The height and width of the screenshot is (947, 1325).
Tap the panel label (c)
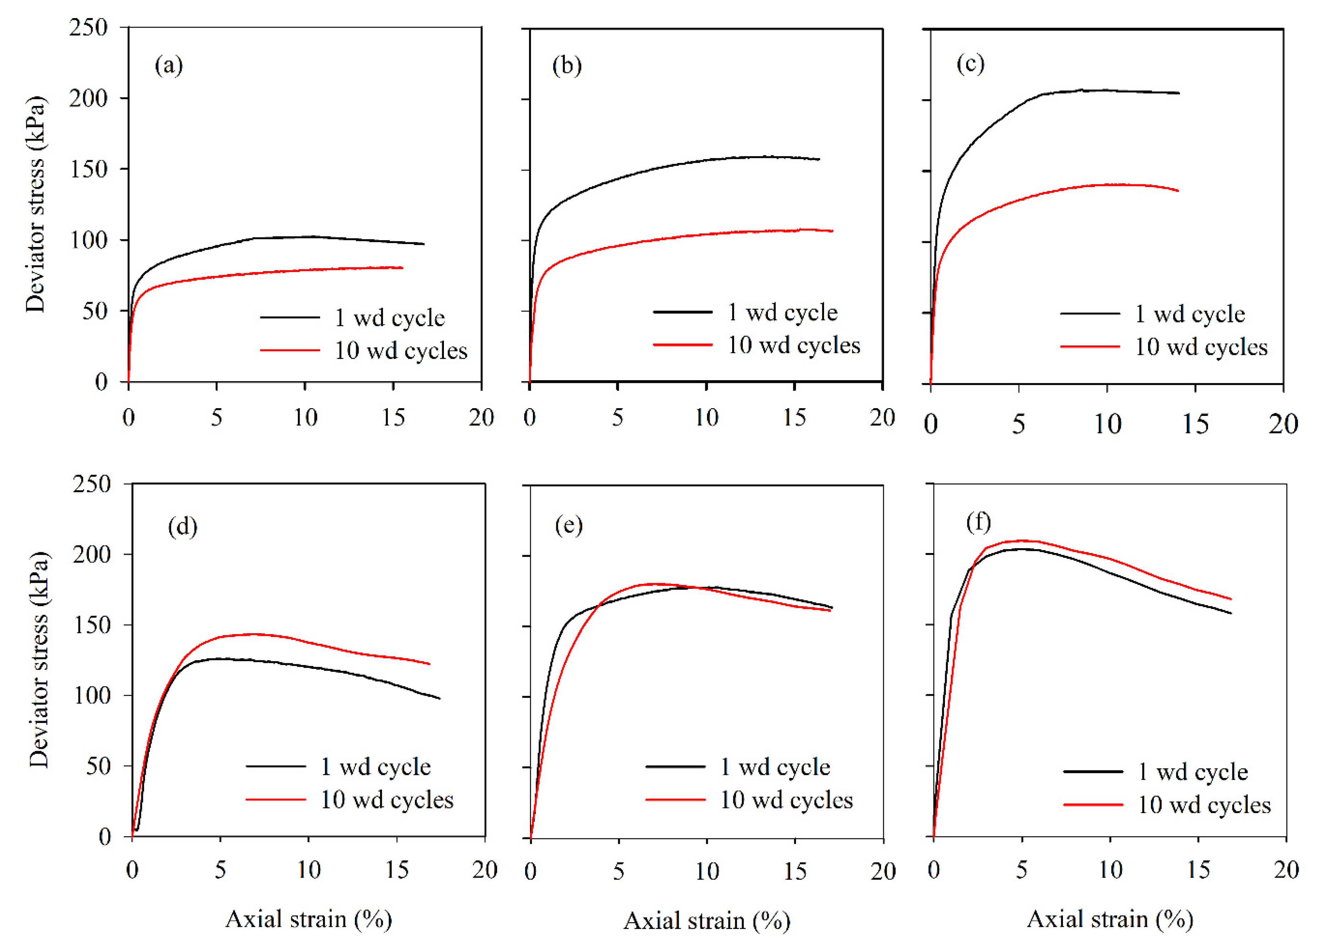pos(970,63)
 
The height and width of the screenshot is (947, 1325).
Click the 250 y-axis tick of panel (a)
pos(89,27)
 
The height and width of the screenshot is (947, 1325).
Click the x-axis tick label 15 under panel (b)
pos(794,417)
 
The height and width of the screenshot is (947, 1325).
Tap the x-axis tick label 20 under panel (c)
pos(1283,424)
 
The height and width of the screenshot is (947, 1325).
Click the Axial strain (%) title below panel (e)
pos(707,921)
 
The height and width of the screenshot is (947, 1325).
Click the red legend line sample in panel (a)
pos(290,350)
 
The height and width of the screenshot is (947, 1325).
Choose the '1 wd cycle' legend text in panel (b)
pos(782,312)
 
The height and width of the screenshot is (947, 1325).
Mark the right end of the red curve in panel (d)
pos(429,664)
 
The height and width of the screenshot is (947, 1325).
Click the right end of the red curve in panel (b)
pos(833,231)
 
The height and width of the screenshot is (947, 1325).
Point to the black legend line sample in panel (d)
pos(276,766)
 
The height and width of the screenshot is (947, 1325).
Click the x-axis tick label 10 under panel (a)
pos(305,417)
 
